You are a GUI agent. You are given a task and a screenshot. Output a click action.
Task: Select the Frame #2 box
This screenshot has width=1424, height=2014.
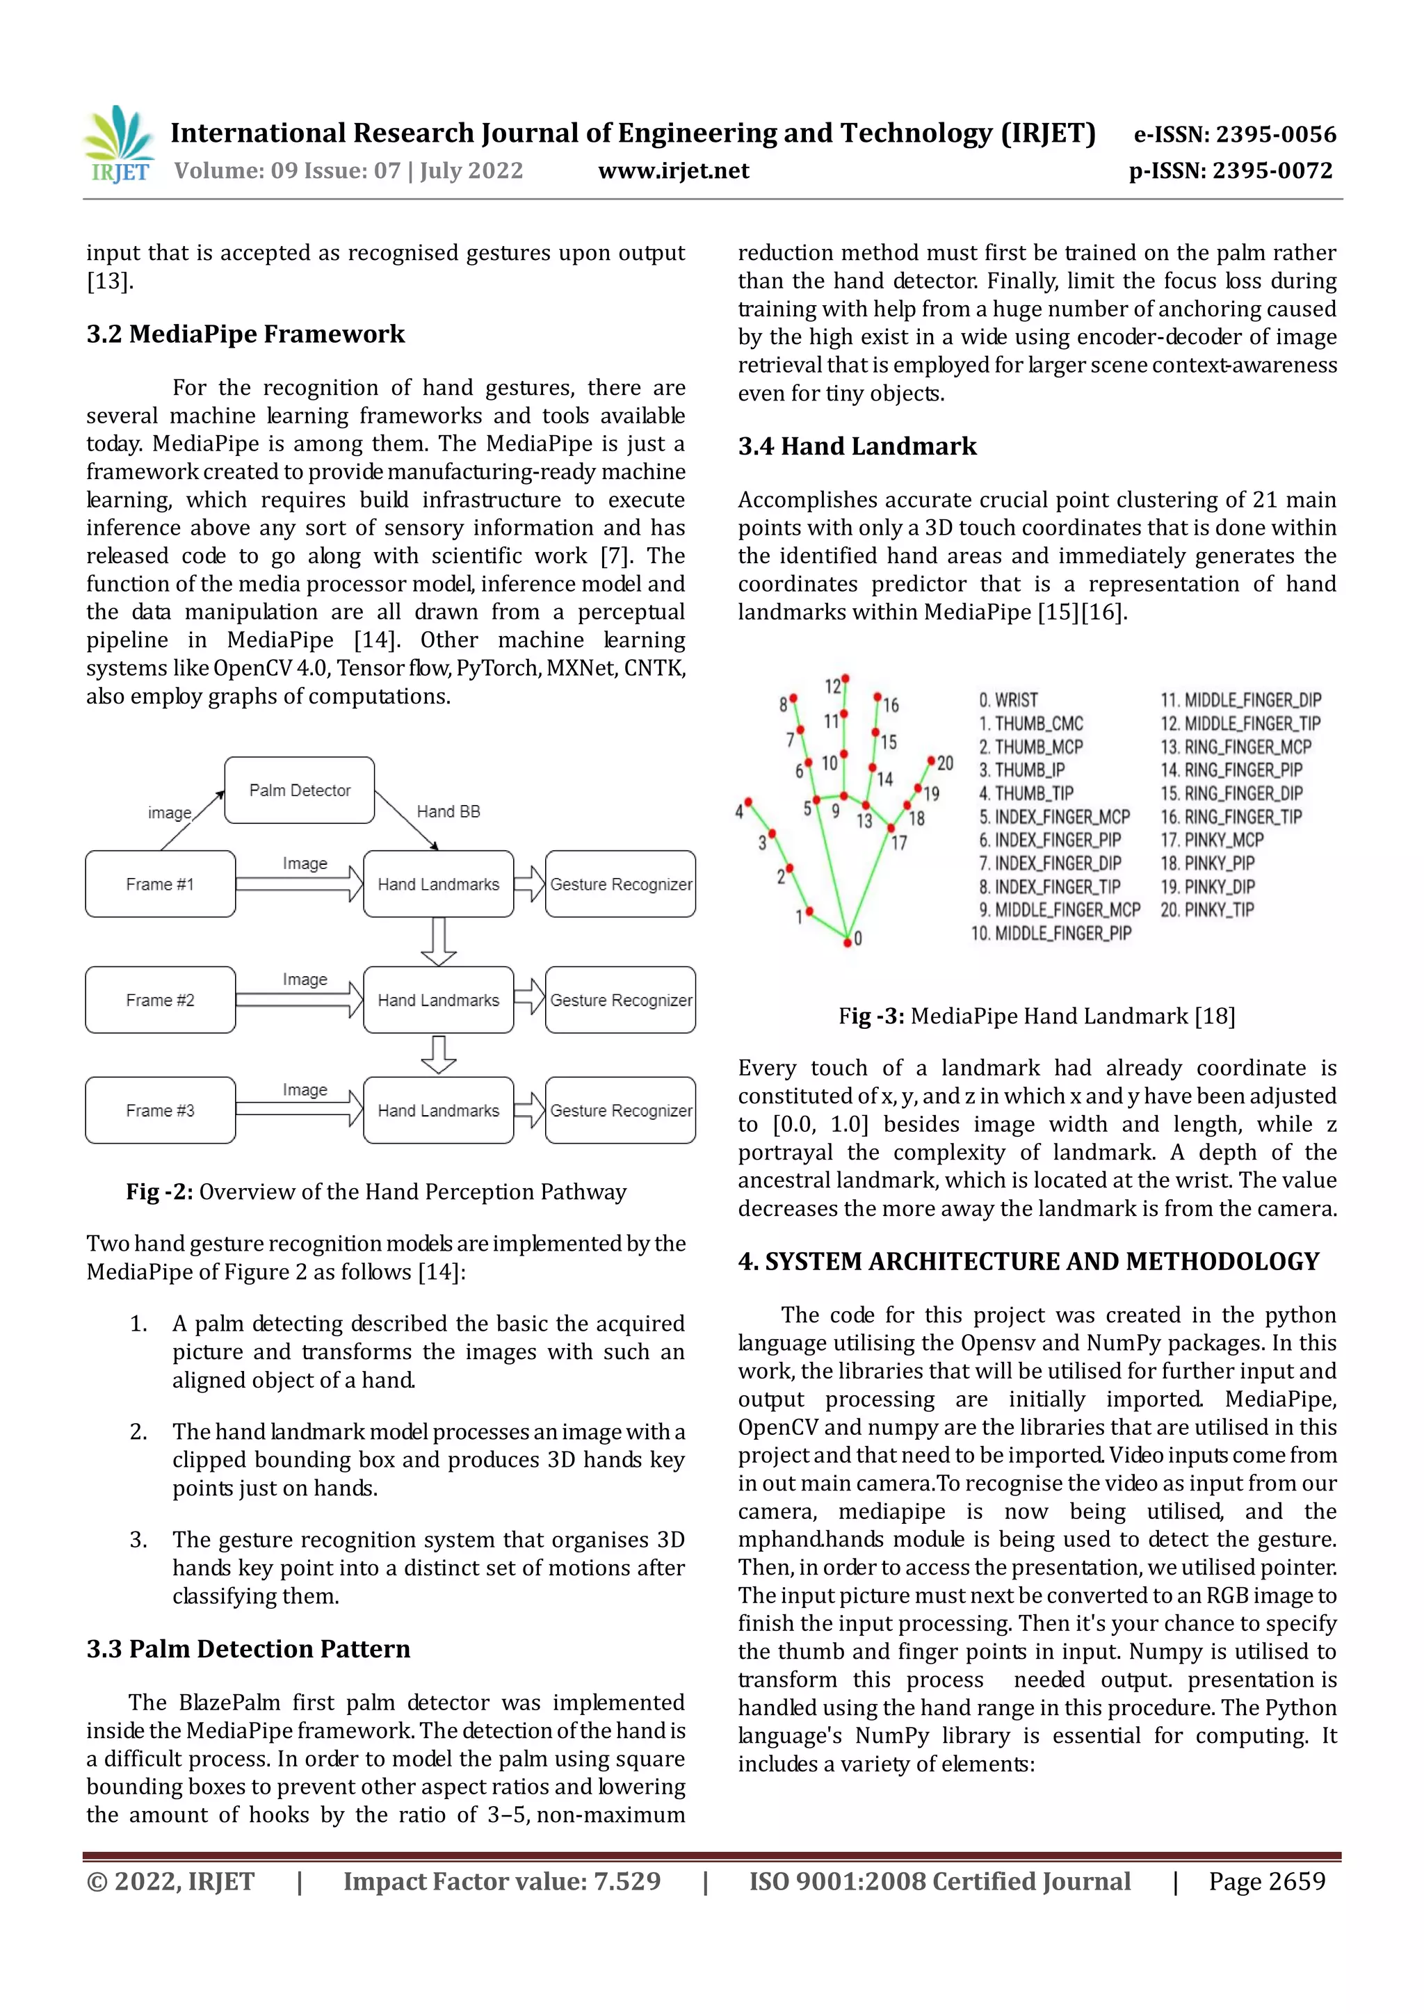160,1000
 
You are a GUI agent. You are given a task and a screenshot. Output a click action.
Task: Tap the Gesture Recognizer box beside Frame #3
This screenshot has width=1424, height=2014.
620,1110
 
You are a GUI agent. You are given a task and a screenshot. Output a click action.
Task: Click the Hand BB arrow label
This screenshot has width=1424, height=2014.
448,811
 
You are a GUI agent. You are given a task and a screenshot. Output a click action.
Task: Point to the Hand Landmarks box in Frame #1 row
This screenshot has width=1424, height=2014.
438,884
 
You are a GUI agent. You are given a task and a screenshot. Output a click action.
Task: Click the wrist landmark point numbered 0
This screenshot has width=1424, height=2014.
848,941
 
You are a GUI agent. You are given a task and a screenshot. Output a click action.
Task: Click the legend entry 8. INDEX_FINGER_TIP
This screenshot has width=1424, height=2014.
1049,887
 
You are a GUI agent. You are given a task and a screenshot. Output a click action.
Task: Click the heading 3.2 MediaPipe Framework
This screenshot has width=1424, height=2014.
245,334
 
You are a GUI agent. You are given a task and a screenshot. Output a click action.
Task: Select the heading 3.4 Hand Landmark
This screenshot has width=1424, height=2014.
857,446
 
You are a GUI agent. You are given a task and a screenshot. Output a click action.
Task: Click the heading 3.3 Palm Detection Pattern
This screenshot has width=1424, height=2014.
248,1649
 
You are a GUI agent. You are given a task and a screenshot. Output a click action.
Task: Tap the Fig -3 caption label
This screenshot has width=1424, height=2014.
871,1016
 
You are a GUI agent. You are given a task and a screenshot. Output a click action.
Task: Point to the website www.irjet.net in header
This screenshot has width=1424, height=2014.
673,170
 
